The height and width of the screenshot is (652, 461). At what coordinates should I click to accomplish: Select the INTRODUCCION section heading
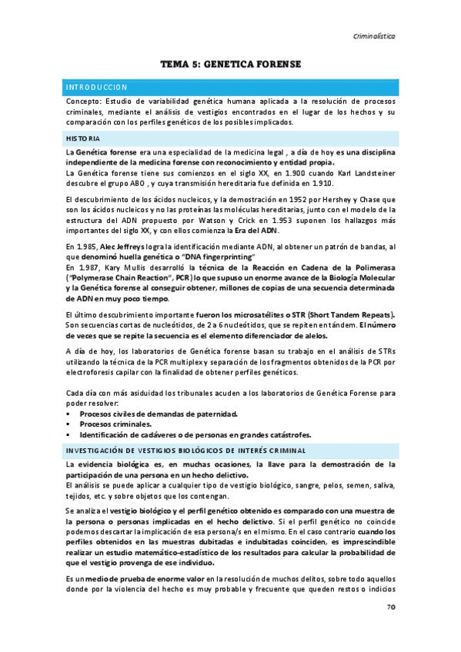[x=97, y=87]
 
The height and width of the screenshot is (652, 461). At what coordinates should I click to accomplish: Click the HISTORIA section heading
[x=82, y=138]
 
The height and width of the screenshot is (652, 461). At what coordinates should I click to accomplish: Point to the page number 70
[x=391, y=607]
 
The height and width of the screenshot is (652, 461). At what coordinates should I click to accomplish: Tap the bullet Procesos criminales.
[x=116, y=424]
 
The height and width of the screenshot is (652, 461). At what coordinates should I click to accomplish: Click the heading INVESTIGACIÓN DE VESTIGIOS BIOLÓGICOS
[x=185, y=450]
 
